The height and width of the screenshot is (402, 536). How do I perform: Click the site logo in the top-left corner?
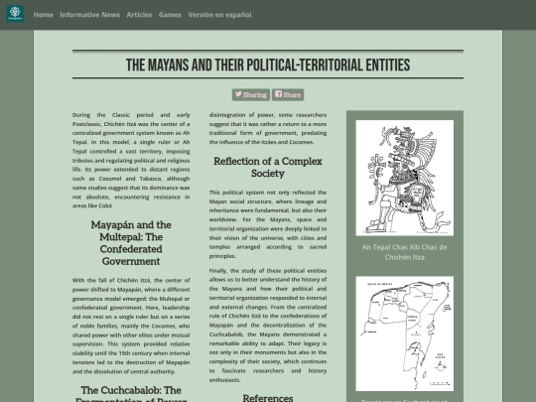pyautogui.click(x=14, y=15)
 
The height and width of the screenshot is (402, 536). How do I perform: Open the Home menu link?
pyautogui.click(x=43, y=15)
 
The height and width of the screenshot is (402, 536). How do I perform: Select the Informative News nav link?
pyautogui.click(x=89, y=15)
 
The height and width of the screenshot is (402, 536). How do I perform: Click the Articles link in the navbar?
pyautogui.click(x=139, y=15)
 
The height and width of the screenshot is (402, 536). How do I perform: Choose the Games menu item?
pyautogui.click(x=170, y=15)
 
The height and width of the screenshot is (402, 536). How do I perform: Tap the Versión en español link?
pyautogui.click(x=219, y=15)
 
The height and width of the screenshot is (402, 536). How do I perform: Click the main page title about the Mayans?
pyautogui.click(x=268, y=66)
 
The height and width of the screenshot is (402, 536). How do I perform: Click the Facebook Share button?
pyautogui.click(x=288, y=95)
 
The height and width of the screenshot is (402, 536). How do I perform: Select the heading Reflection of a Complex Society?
pyautogui.click(x=267, y=167)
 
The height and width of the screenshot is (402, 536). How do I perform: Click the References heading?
pyautogui.click(x=267, y=397)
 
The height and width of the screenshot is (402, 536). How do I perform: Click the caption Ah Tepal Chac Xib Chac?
pyautogui.click(x=404, y=251)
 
